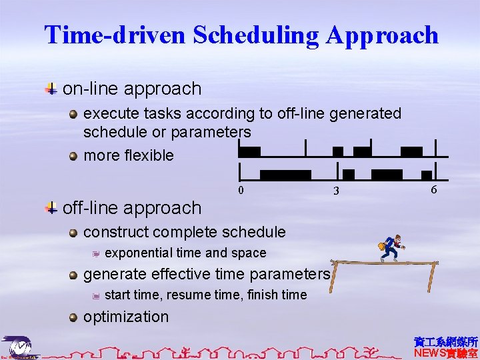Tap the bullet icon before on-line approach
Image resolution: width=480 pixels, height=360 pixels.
[x=51, y=89]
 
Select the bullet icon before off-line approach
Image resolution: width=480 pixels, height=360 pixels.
[x=51, y=208]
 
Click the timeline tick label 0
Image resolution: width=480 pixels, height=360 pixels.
[x=241, y=191]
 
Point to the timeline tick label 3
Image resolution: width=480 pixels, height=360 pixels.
[x=337, y=191]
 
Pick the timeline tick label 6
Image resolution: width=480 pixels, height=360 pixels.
[x=433, y=190]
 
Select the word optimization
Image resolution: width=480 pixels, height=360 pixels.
[x=126, y=317]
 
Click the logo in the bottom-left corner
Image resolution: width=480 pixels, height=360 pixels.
[x=20, y=347]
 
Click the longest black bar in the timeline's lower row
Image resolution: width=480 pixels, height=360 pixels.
[x=285, y=175]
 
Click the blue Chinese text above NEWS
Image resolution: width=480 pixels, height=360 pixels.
[x=445, y=342]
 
